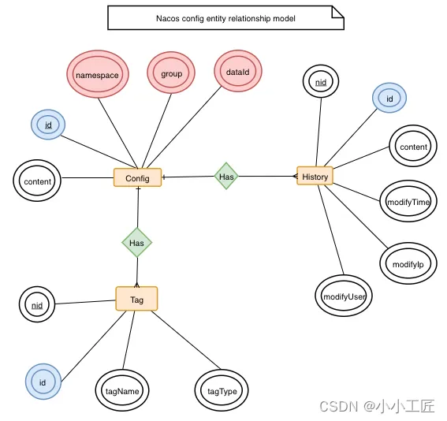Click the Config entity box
[137, 178]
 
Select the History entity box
[315, 177]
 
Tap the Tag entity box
[136, 299]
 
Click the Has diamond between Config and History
[226, 177]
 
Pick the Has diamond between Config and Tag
[136, 243]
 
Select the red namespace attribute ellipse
[96, 74]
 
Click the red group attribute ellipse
[171, 73]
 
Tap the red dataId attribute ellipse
[237, 71]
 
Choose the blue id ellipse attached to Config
[47, 125]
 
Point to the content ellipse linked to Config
[37, 181]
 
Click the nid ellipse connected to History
[321, 83]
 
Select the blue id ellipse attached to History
[389, 99]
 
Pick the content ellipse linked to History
[413, 147]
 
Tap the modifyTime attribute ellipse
[408, 203]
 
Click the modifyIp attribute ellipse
[408, 264]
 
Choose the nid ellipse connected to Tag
[37, 304]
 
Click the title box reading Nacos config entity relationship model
[225, 17]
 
